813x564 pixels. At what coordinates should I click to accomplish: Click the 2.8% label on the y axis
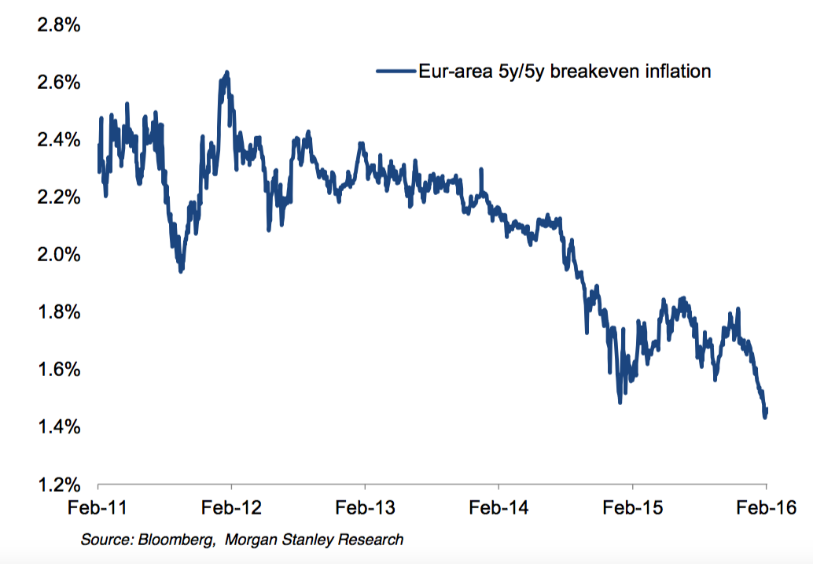(x=59, y=26)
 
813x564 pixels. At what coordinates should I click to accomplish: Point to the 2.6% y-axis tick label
(x=59, y=83)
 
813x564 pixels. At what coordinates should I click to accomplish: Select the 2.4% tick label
(x=59, y=141)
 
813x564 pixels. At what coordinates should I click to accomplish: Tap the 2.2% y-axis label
(x=59, y=197)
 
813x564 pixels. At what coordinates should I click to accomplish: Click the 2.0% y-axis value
(x=59, y=255)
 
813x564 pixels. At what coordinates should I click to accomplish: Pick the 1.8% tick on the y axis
(x=59, y=312)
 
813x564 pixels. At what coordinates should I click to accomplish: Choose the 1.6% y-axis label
(x=59, y=370)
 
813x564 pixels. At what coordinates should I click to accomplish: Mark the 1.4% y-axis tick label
(x=59, y=427)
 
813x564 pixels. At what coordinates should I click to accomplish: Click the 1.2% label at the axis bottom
(x=59, y=484)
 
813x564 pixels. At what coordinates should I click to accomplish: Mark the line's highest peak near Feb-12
(x=226, y=73)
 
